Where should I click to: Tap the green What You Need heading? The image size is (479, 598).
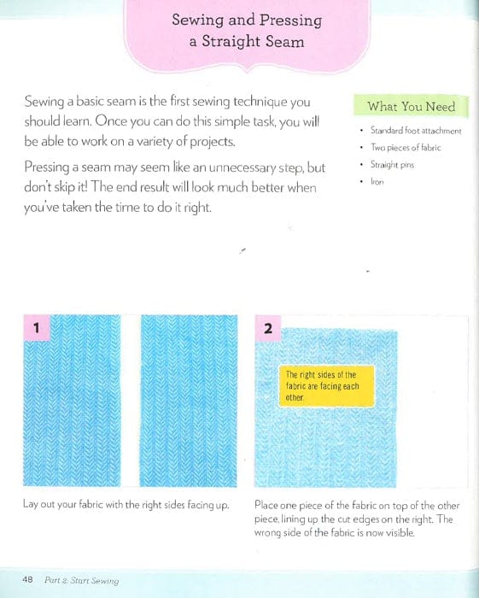(412, 107)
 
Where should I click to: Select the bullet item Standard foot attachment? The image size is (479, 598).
(416, 131)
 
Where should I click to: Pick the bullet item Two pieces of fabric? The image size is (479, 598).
(406, 148)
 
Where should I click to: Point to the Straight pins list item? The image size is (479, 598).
(393, 165)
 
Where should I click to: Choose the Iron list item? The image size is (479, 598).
(377, 182)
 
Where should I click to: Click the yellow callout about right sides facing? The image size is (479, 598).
(321, 386)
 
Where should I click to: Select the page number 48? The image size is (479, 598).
(27, 580)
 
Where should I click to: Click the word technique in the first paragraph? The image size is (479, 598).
(256, 103)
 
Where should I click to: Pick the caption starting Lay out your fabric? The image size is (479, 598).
(126, 505)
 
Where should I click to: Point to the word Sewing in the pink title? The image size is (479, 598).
(198, 20)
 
